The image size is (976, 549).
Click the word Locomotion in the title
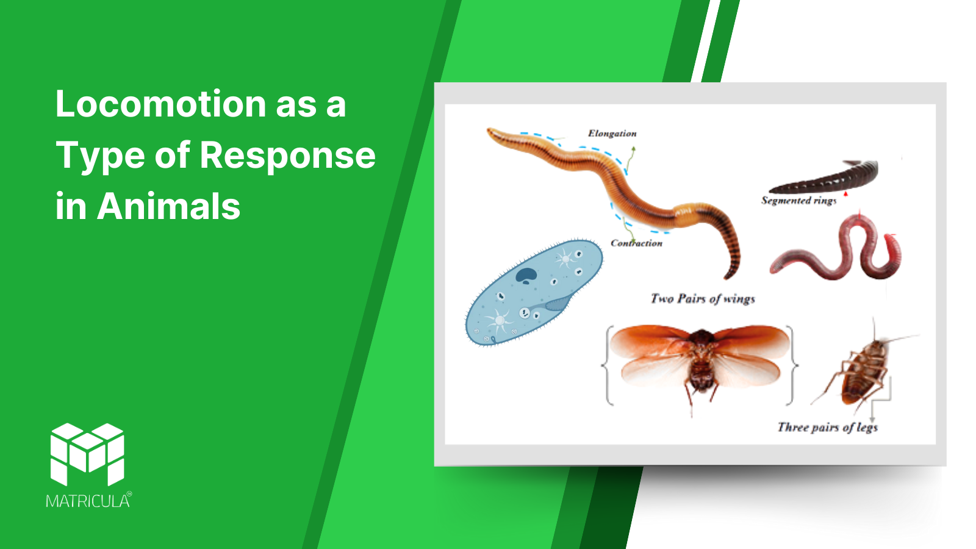[x=161, y=104]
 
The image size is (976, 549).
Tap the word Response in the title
[x=287, y=156]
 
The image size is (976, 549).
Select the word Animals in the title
[x=168, y=206]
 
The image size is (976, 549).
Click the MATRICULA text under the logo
[x=88, y=501]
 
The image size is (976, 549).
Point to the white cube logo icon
[x=88, y=454]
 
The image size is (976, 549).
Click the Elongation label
[x=612, y=134]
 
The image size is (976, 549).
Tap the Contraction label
[x=636, y=243]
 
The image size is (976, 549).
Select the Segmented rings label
[x=798, y=201]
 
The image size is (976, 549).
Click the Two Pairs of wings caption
[x=702, y=298]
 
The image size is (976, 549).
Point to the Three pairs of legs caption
[x=827, y=427]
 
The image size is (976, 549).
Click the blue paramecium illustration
[x=534, y=292]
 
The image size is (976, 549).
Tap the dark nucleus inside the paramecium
[x=526, y=275]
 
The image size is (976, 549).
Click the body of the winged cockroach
[x=701, y=362]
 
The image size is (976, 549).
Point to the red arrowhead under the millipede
[x=845, y=193]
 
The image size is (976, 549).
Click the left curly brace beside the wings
[x=608, y=365]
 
